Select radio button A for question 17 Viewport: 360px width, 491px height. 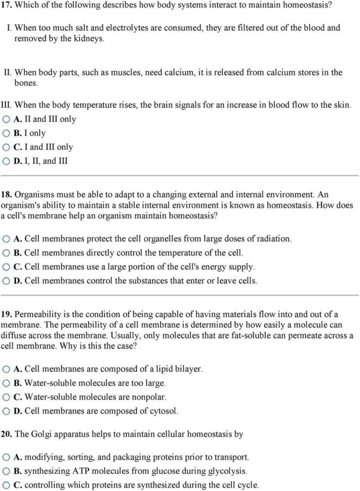(x=6, y=119)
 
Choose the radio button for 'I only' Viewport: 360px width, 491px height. (x=6, y=133)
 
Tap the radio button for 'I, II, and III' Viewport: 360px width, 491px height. (x=6, y=161)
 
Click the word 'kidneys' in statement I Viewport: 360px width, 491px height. (x=90, y=39)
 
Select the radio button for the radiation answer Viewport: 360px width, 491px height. (x=6, y=238)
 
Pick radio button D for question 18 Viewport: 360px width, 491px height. (x=6, y=280)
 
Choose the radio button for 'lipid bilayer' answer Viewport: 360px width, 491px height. (x=6, y=370)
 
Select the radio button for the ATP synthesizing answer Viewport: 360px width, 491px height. (x=6, y=471)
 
